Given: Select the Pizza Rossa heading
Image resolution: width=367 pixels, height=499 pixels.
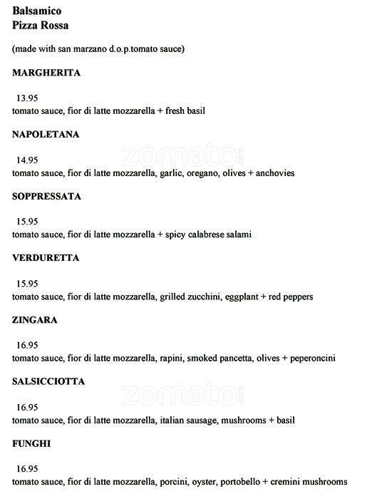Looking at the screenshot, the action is [41, 25].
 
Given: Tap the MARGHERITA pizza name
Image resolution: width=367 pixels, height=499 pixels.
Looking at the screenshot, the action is [46, 73].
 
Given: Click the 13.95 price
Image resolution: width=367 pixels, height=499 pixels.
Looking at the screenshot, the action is [27, 98].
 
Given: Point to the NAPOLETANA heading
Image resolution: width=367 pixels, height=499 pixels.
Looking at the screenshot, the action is [46, 135].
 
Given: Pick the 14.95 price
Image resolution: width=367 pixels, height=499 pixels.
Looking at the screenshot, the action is [27, 160].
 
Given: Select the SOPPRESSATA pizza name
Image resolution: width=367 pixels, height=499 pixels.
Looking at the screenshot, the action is [46, 196].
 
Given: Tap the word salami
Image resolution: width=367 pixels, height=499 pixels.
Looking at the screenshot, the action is [236, 235].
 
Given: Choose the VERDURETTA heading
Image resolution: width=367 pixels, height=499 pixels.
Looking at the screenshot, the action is [46, 258].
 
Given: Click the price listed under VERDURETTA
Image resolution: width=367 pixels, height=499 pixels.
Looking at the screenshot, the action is [27, 284].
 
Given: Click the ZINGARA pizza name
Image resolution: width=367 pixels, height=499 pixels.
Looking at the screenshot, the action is [35, 320].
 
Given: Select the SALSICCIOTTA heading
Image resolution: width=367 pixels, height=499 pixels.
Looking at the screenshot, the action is [48, 381].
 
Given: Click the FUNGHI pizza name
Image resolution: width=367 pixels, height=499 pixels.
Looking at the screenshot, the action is [31, 443].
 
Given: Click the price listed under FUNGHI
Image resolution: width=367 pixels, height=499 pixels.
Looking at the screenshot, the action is [27, 469].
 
